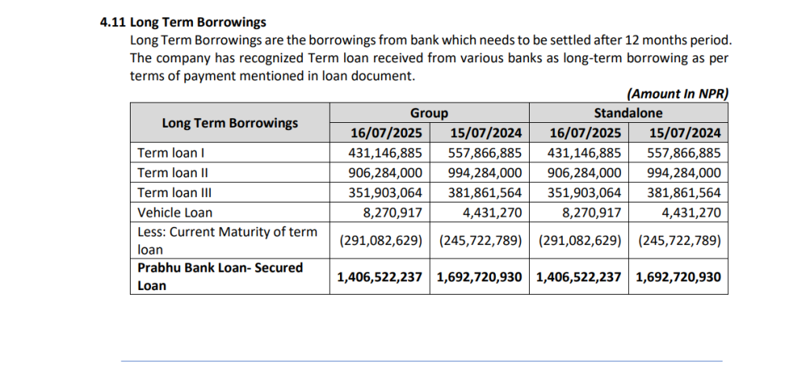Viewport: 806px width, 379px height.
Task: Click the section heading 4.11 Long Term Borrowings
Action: (183, 23)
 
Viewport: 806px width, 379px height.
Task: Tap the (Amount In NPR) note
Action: (678, 94)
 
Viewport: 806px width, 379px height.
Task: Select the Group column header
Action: (429, 113)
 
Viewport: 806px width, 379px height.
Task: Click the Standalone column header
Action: (628, 113)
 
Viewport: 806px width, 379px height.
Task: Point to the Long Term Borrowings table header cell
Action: (230, 123)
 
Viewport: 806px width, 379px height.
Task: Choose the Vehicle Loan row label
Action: (175, 212)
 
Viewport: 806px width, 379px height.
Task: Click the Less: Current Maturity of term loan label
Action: (227, 240)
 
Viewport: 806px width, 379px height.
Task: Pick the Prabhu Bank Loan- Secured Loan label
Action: (220, 277)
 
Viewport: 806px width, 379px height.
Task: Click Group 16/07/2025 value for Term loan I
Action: (384, 153)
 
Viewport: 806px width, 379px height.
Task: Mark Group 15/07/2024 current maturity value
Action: (480, 240)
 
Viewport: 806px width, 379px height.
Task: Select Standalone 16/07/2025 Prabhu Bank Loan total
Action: (579, 277)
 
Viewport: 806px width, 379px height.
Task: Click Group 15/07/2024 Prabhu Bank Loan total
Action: (479, 277)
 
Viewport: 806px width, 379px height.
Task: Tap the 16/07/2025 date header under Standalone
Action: (579, 133)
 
